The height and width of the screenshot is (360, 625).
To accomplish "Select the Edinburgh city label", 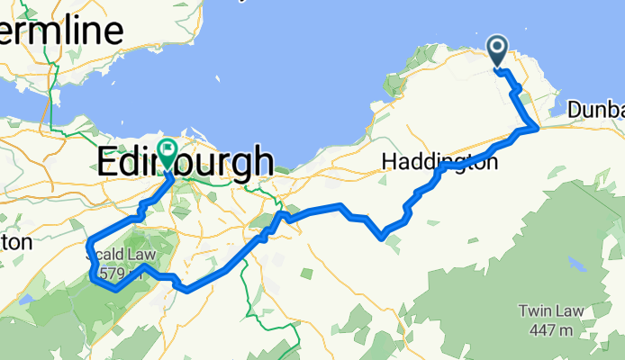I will [185, 162].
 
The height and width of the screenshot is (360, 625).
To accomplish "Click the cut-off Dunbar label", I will [597, 109].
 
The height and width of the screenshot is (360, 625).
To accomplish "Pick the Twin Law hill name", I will [549, 312].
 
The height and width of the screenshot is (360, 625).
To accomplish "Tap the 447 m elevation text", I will [549, 330].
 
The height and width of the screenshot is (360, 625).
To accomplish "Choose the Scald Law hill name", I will [122, 256].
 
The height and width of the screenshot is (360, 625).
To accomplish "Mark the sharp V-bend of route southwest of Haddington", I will [383, 237].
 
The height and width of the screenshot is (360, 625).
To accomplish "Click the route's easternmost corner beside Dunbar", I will [538, 128].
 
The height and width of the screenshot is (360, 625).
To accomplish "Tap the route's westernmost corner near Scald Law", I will [87, 245].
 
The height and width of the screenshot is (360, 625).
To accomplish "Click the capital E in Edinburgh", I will [107, 162].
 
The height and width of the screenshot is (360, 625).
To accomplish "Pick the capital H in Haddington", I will [388, 162].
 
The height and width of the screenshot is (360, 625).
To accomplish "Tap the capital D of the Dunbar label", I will [575, 109].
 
